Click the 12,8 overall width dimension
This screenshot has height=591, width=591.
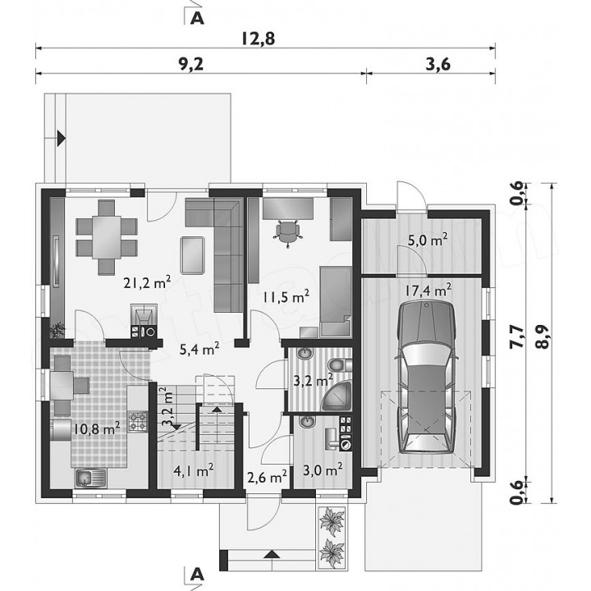[x=258, y=39]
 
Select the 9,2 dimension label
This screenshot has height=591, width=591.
[x=190, y=64]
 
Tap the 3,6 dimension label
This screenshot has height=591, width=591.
[x=438, y=64]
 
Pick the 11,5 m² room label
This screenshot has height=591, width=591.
[x=286, y=296]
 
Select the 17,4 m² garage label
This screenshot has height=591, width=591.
[x=428, y=290]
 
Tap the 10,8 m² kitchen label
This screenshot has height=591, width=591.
[x=97, y=428]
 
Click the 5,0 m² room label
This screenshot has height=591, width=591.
[x=428, y=239]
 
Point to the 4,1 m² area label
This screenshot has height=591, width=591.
[x=194, y=470]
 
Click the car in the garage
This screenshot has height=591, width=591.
[x=426, y=377]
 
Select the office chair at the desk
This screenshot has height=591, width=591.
[x=287, y=232]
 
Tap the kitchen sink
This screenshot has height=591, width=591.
[x=90, y=479]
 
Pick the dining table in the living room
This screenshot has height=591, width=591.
[x=107, y=236]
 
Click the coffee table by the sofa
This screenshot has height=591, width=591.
[x=193, y=255]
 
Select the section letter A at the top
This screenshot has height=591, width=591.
[x=197, y=18]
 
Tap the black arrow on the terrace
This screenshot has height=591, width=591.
[x=61, y=139]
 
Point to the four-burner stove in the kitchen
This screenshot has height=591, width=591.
[x=138, y=421]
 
